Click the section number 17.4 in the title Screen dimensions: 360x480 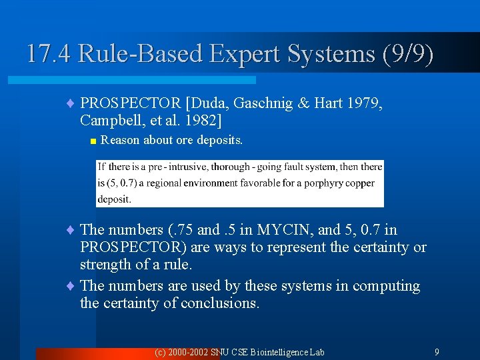49,53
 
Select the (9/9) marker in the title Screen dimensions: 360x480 407,53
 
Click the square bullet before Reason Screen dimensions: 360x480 93,141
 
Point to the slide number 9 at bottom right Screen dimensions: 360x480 437,351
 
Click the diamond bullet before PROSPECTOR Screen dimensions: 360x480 71,103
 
